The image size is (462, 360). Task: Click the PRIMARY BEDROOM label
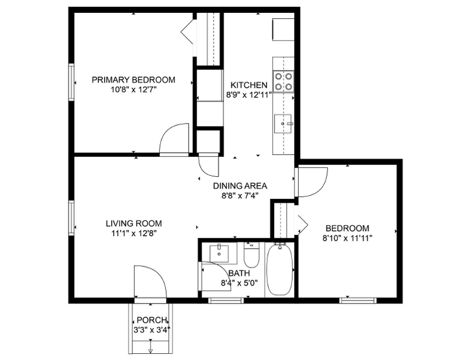[133, 80]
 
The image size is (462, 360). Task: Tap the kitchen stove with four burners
[283, 81]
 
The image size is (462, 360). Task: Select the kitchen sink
[285, 124]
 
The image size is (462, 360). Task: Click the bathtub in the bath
[280, 269]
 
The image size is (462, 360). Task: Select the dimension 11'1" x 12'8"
[133, 233]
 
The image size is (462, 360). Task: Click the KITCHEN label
[248, 85]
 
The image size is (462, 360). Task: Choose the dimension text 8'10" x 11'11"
[347, 237]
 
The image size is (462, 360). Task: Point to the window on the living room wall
[72, 217]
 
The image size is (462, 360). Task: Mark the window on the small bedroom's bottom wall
[358, 300]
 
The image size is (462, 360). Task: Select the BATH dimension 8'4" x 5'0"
[240, 283]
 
